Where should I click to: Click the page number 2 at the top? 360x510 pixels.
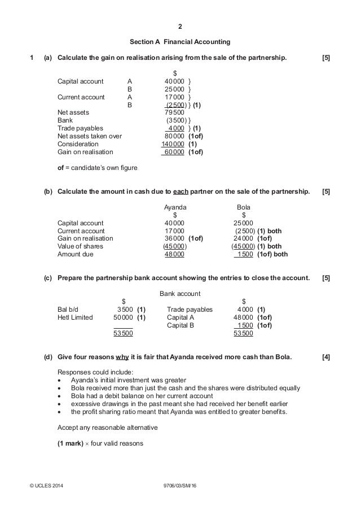click(180, 26)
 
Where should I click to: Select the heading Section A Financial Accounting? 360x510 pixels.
click(180, 42)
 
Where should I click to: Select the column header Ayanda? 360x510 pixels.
click(174, 207)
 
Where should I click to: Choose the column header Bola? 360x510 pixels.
click(243, 207)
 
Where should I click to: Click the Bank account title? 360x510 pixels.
click(180, 294)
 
